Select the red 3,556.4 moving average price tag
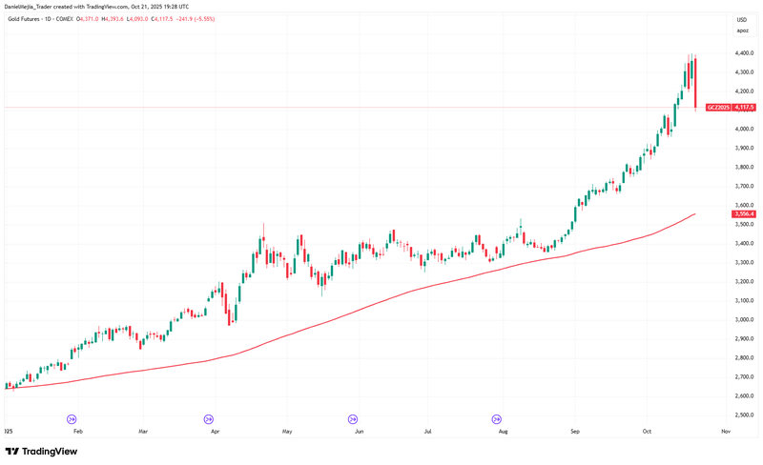point(744,214)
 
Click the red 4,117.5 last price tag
point(745,108)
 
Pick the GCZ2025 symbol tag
point(718,108)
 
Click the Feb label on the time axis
point(78,432)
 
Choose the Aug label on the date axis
point(503,432)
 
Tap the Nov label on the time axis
point(726,432)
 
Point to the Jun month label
point(359,432)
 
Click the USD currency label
point(741,20)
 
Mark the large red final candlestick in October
point(696,82)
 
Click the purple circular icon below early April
point(209,418)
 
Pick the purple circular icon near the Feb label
point(71,418)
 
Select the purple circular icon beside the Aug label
point(496,418)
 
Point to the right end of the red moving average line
point(694,213)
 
